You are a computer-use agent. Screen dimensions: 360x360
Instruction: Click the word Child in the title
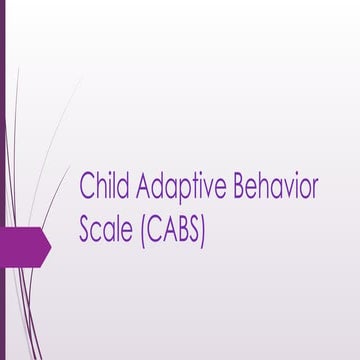tap(103, 188)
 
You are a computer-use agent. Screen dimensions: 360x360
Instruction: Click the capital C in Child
tap(87, 188)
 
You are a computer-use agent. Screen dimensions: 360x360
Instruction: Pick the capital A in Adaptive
tap(142, 188)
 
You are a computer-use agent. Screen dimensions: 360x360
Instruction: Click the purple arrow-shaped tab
tap(25, 243)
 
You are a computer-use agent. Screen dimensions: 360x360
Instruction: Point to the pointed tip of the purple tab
tap(50, 243)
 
